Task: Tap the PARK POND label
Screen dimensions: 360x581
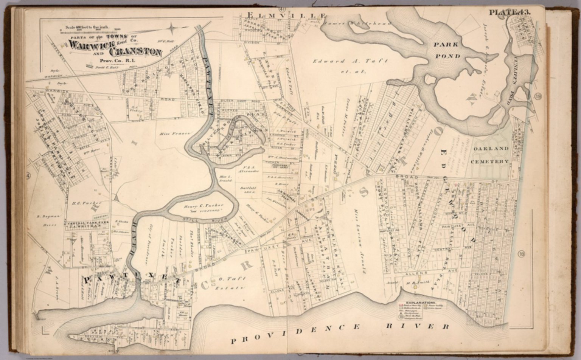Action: tap(447, 50)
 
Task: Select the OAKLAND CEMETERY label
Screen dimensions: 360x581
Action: tap(491, 155)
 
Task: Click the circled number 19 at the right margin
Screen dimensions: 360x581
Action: tap(538, 96)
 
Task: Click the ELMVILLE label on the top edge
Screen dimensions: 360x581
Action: tap(286, 15)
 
